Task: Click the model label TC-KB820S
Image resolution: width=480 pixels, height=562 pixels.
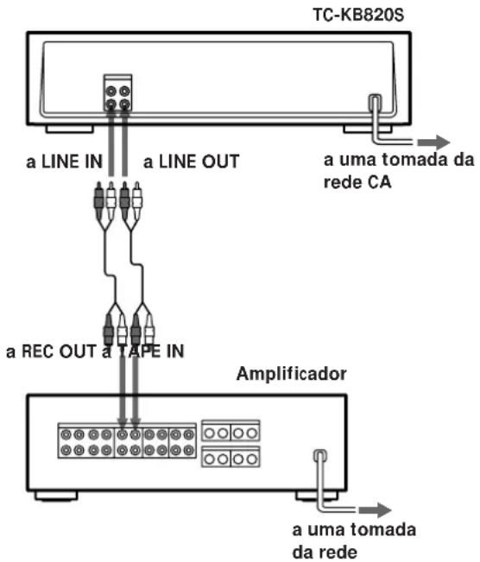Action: (358, 15)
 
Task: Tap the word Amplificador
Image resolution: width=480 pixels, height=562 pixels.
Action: (292, 374)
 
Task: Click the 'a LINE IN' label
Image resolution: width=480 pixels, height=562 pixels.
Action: (65, 161)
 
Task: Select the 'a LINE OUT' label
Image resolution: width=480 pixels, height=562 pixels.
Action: (191, 161)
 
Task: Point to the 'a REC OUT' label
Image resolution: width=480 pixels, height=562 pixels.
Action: (51, 351)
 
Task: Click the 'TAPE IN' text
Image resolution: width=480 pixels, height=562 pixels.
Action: (151, 351)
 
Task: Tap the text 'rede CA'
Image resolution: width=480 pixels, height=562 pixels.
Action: (357, 182)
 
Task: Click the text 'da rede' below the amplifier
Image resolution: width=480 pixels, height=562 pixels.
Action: (325, 553)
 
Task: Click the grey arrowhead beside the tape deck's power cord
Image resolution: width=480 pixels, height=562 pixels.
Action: (433, 142)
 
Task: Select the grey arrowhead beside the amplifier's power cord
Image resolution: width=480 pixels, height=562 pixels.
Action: (375, 509)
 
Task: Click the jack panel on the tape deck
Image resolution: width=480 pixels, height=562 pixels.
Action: (118, 93)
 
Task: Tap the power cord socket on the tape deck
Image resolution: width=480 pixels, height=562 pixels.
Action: (375, 103)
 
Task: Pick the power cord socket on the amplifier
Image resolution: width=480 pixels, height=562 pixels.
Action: (319, 456)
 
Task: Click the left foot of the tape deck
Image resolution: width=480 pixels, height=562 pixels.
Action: (70, 129)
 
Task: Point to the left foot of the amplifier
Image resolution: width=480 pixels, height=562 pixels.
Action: (56, 496)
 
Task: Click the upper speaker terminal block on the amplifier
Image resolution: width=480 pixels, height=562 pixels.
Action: (231, 431)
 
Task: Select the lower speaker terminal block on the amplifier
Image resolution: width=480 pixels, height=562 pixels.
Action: (231, 457)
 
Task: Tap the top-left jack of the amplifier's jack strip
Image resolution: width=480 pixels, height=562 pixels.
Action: (66, 435)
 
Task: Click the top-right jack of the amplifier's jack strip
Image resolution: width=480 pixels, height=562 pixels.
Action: (188, 435)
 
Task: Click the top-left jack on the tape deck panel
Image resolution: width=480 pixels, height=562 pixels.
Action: (111, 91)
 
